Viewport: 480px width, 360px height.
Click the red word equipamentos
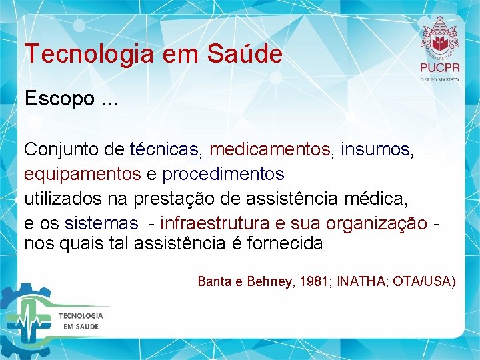(x=82, y=174)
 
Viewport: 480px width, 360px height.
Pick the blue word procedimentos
(x=223, y=174)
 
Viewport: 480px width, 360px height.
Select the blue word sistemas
(x=101, y=222)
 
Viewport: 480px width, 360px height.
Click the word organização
(x=379, y=222)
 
